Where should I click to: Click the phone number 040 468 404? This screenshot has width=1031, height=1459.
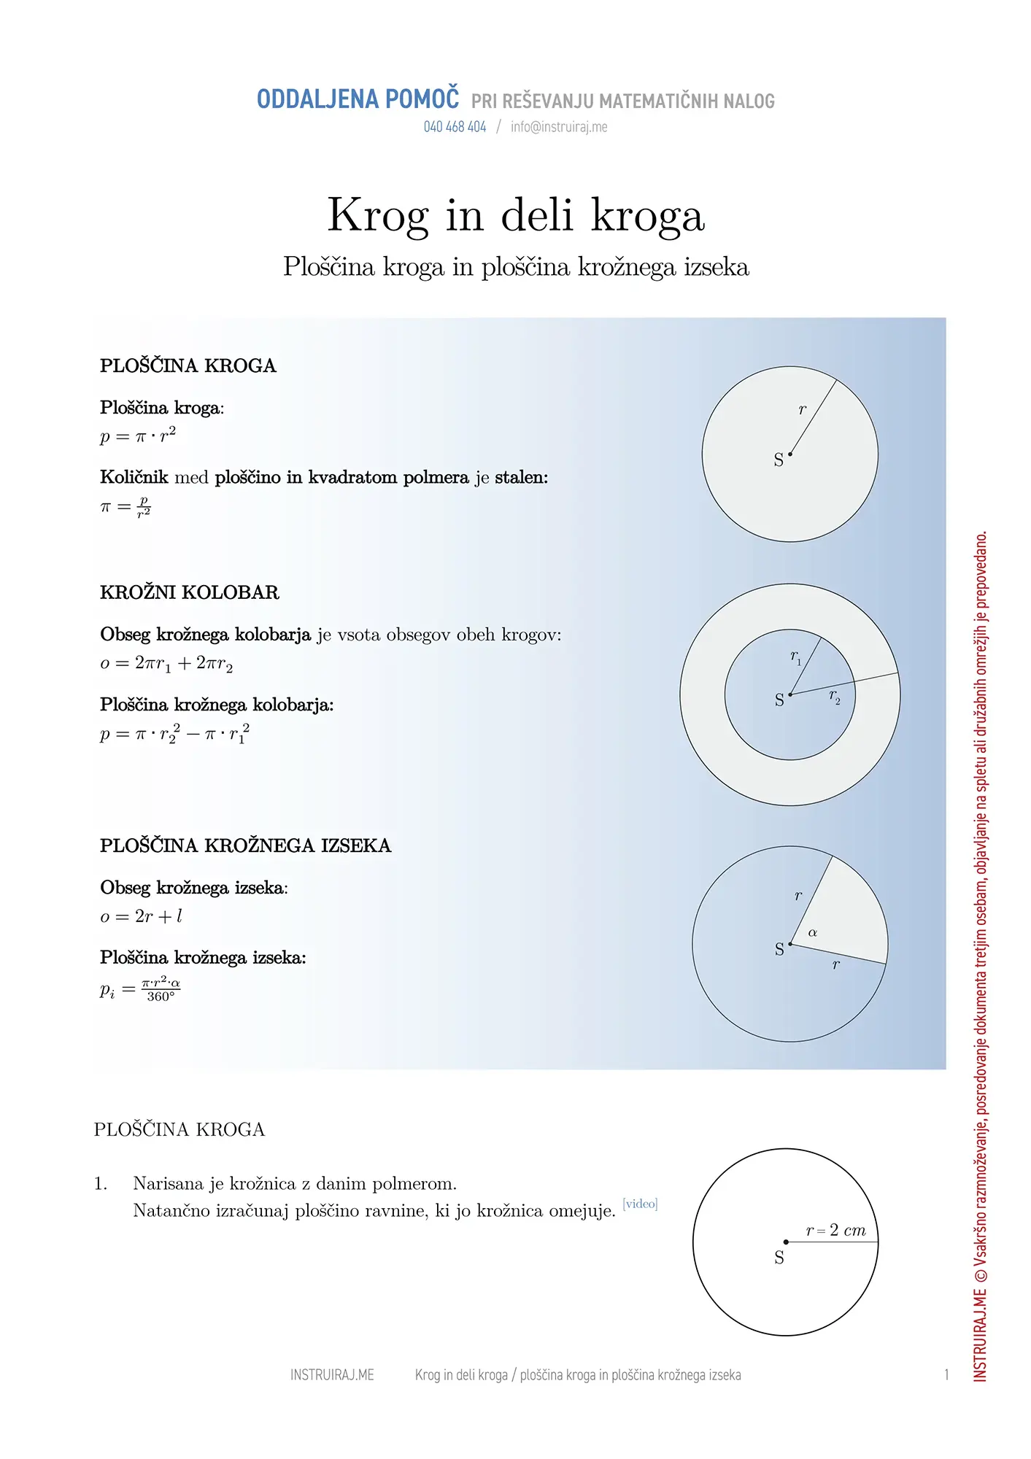(455, 127)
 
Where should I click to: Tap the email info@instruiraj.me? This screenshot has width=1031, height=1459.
(559, 127)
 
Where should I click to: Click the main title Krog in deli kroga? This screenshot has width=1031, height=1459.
(516, 215)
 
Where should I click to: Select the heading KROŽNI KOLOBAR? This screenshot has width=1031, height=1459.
(190, 592)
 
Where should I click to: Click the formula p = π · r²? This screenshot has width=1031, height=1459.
(138, 436)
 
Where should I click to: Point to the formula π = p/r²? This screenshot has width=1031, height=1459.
(126, 506)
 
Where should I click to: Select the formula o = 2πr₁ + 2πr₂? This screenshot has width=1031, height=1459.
(166, 663)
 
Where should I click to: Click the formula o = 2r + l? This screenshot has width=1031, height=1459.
(141, 916)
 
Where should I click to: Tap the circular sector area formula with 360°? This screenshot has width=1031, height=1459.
(140, 990)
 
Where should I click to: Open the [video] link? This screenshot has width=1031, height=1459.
(640, 1204)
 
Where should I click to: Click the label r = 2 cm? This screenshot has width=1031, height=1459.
(835, 1231)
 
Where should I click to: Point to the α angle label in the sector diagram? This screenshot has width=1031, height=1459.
(813, 933)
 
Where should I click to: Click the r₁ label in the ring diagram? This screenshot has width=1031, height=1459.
(795, 657)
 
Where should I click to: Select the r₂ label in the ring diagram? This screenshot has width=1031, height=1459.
(834, 697)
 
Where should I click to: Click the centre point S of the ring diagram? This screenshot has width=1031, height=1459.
(790, 694)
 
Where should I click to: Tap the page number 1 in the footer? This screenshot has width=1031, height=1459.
(946, 1375)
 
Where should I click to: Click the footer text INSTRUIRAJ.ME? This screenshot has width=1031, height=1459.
(332, 1375)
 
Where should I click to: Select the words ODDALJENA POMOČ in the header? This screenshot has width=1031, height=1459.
(358, 99)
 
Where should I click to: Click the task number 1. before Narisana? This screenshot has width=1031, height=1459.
(101, 1184)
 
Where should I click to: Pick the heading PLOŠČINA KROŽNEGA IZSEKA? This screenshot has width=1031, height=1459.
(245, 845)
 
